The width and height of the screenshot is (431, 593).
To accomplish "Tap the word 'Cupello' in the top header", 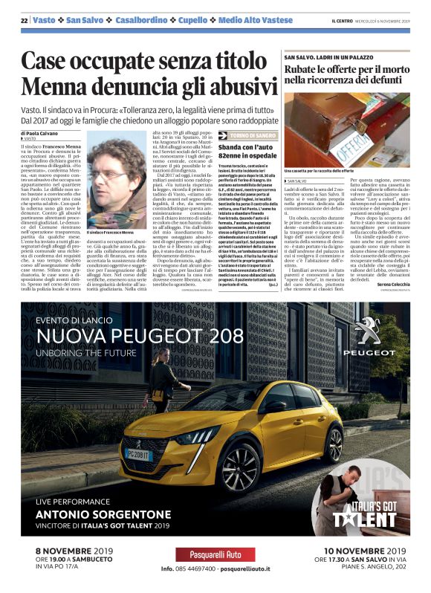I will click(x=191, y=21).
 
